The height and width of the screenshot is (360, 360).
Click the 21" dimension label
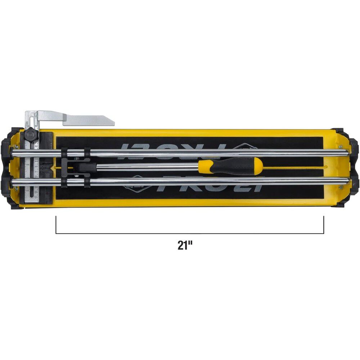click(185, 246)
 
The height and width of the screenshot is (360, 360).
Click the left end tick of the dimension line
click(56, 225)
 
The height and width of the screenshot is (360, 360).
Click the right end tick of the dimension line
click(324, 225)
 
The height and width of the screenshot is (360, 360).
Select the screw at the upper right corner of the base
click(340, 146)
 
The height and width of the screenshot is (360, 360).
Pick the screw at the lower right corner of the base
click(340, 187)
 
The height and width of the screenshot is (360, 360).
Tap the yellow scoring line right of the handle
click(295, 167)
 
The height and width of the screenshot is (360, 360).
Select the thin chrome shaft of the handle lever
click(144, 167)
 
